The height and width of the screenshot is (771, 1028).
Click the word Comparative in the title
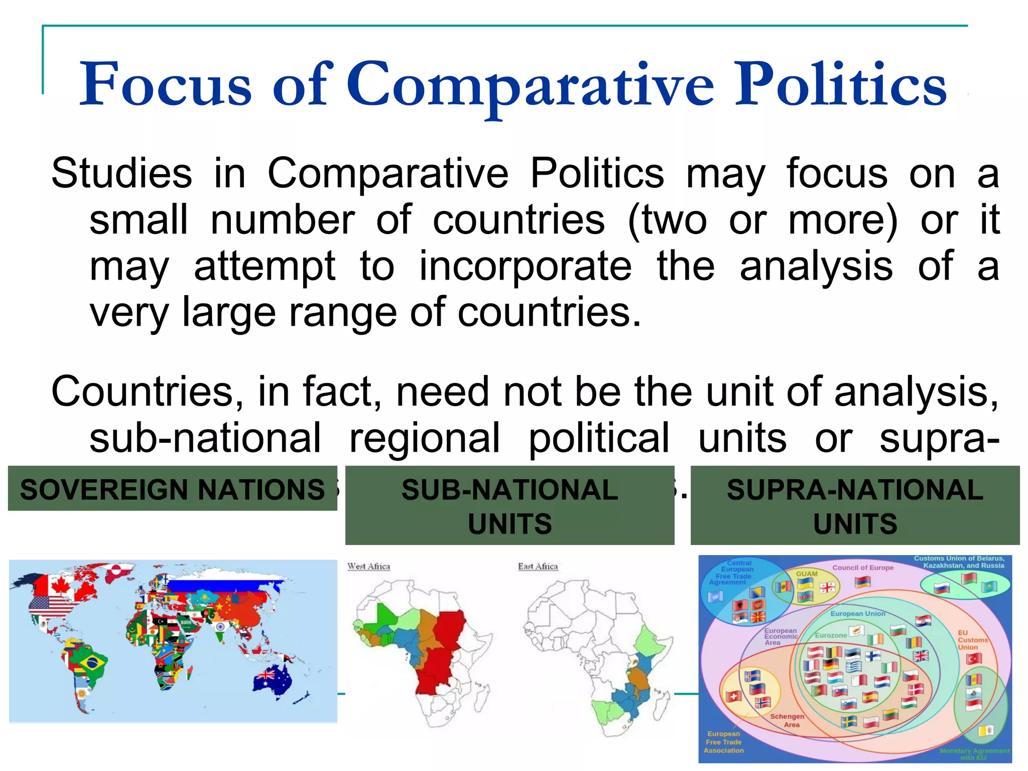pos(529,85)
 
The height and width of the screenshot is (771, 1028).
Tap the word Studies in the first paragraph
pos(121,174)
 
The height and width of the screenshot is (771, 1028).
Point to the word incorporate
pos(525,266)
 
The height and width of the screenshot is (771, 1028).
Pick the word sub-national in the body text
pos(205,438)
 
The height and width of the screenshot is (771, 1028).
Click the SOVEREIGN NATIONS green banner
pos(172,489)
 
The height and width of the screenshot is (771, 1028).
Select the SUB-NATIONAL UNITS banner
pos(509,505)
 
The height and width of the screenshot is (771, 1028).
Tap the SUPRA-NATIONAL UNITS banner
pos(855,505)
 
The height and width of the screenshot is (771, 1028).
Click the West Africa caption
pos(369,567)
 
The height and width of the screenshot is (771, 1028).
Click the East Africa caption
pos(538,567)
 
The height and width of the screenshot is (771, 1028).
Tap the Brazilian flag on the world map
pos(91,663)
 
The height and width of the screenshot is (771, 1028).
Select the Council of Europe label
pos(863,568)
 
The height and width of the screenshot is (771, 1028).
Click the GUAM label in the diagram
pos(807,574)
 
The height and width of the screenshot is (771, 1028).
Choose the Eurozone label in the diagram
pos(831,635)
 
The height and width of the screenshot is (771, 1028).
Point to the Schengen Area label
pos(788,720)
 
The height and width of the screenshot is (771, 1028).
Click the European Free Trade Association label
pos(724,742)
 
